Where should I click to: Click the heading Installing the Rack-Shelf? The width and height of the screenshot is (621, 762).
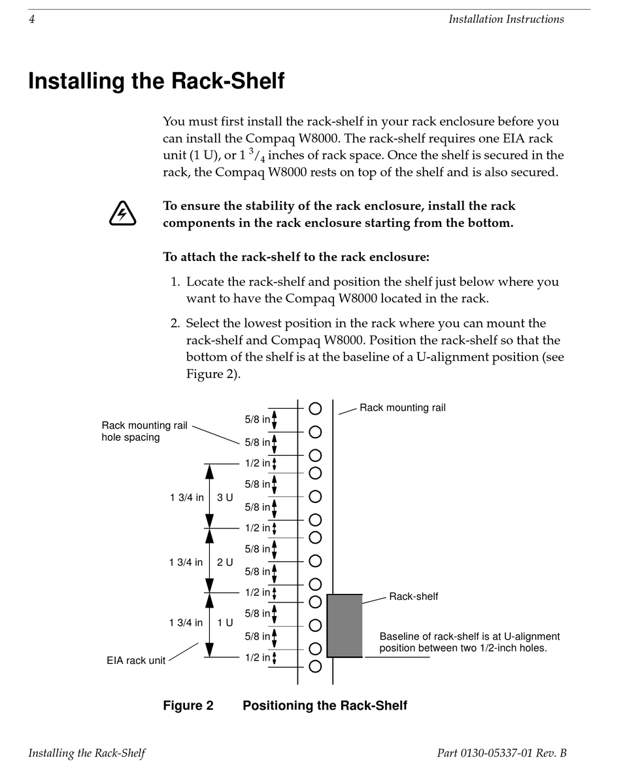click(x=156, y=81)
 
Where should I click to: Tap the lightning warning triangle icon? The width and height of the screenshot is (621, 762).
click(x=122, y=214)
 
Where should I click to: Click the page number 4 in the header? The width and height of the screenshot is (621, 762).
click(x=31, y=20)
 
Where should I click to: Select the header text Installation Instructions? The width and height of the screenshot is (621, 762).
click(x=506, y=20)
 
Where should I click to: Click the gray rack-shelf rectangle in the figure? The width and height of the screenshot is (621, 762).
click(x=344, y=625)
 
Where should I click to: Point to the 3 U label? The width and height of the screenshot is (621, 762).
click(x=225, y=498)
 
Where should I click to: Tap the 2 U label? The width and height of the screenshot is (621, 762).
click(x=225, y=563)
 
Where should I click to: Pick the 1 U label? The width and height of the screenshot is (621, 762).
click(x=225, y=623)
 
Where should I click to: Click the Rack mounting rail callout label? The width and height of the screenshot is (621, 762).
click(x=403, y=407)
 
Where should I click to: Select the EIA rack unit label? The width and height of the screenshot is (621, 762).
click(x=136, y=661)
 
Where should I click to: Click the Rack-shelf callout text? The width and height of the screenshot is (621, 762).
click(x=414, y=597)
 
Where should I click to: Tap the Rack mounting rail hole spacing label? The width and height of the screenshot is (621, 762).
click(x=144, y=431)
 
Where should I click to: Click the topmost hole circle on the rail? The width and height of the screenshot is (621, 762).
click(x=315, y=409)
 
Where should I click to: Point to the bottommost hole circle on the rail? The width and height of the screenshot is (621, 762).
click(x=315, y=667)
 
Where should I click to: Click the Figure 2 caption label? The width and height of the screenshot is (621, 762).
click(x=188, y=706)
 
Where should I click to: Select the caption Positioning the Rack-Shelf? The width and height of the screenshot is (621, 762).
click(x=325, y=706)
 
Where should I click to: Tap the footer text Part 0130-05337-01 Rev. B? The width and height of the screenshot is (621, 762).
click(x=501, y=753)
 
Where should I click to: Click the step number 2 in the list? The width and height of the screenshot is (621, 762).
click(x=175, y=324)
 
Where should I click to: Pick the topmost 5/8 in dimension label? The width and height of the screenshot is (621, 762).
click(x=258, y=419)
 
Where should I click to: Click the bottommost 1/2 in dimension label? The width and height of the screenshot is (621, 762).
click(x=258, y=657)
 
